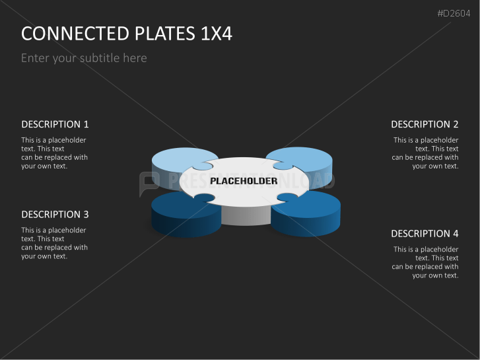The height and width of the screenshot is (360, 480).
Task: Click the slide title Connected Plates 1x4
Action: (127, 34)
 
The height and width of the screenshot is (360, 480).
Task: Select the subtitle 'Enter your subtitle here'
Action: (84, 58)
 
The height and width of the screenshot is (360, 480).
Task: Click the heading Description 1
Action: (55, 124)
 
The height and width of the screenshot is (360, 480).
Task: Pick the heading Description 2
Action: (425, 124)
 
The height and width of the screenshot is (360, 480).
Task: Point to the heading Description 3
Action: (55, 214)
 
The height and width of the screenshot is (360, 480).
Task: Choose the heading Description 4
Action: (425, 233)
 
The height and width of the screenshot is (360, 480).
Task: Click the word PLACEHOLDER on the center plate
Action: (244, 181)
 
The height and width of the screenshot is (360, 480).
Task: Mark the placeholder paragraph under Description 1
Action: (54, 153)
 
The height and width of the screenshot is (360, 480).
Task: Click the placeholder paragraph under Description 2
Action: (425, 153)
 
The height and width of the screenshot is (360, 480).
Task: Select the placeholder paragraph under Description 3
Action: (54, 243)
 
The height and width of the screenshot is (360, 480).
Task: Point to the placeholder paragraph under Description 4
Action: (425, 262)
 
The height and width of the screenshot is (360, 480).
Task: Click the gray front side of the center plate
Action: (245, 215)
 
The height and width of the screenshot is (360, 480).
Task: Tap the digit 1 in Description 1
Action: (86, 124)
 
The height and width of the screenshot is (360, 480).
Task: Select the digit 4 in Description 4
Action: (455, 233)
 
